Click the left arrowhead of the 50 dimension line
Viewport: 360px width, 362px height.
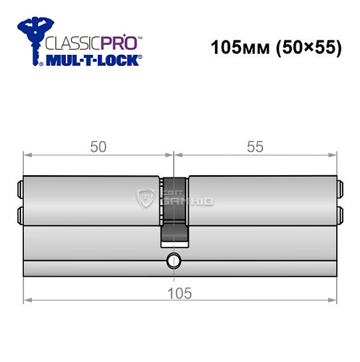coord(27,154)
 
